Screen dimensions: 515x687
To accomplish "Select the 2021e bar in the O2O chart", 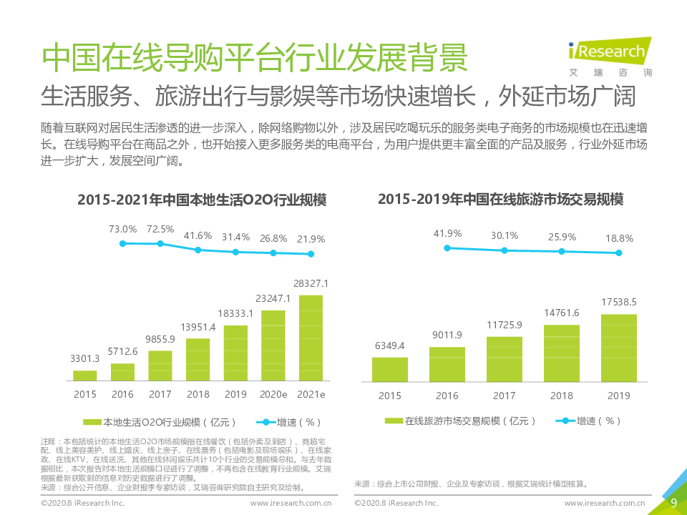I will coord(311,338).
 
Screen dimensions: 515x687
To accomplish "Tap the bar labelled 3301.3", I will coord(85,375).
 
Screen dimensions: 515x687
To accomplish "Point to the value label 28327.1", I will coord(311,284).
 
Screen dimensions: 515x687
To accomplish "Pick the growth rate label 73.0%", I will coord(122,229).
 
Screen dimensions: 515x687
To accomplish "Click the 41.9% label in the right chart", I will coord(447,233).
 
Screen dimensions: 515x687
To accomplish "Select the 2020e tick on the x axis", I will coord(273,395).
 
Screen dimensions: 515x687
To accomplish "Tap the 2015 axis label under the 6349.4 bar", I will coord(390,396).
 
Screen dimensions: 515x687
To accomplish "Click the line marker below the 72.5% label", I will coord(160,244).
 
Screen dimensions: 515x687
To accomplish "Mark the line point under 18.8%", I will coord(619,252).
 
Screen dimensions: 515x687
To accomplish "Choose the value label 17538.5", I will coord(618,303).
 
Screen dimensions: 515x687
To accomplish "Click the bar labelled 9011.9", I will coord(447,363).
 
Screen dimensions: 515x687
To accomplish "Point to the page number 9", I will coord(673,503).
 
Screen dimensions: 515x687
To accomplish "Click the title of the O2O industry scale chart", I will coord(202,200).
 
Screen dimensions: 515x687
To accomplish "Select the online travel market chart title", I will coord(501,200).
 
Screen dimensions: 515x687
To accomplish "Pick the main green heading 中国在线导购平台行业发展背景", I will coord(255,57).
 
